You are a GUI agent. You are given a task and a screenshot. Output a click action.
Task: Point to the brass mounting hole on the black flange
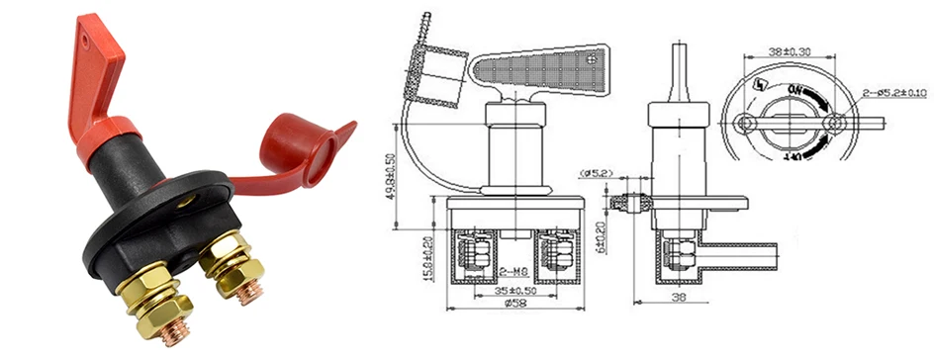pos(185,207)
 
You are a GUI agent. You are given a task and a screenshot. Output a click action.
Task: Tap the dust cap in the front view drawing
pos(436,69)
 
